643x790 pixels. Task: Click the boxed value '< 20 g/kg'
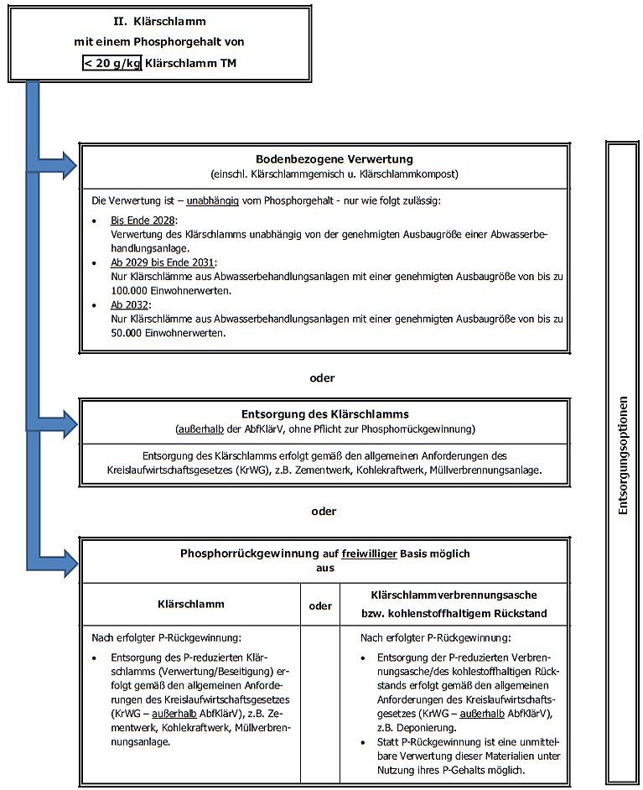[112, 62]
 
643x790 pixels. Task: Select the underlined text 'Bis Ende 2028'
[138, 220]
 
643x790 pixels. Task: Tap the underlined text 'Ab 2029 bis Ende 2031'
[159, 262]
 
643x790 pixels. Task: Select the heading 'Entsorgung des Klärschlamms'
[324, 413]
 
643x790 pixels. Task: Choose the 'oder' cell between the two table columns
[320, 605]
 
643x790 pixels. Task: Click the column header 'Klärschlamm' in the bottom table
[191, 603]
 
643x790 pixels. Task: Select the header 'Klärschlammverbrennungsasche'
[454, 594]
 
